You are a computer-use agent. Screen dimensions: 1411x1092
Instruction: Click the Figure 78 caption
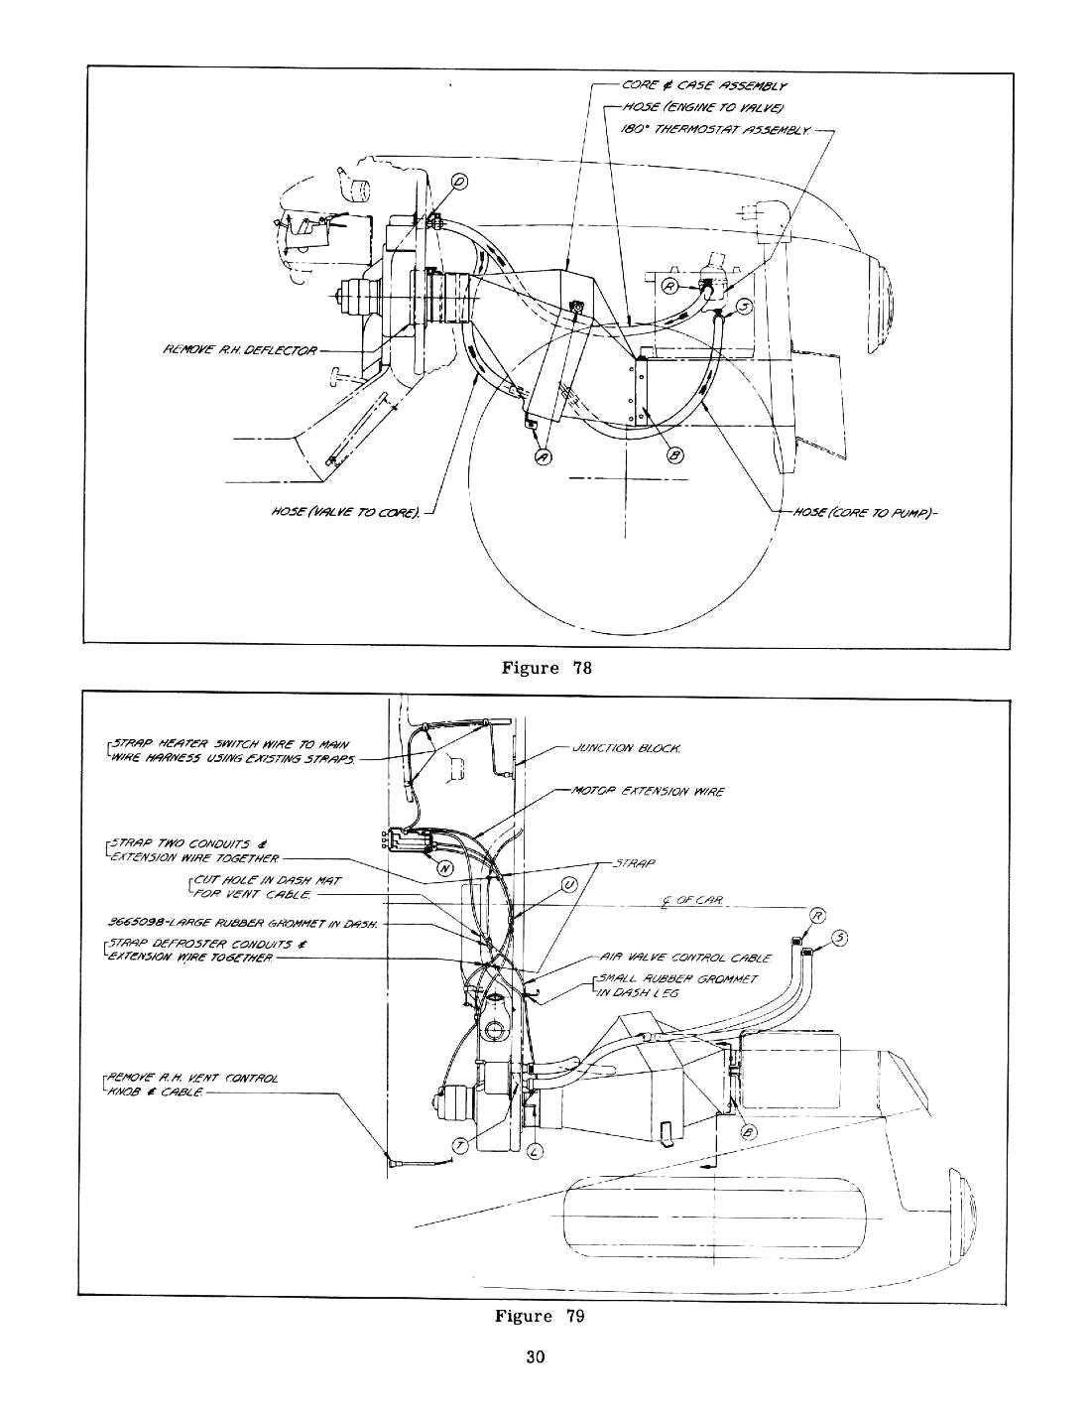coord(546,667)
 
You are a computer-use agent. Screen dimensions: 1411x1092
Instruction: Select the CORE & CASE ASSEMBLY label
coord(705,87)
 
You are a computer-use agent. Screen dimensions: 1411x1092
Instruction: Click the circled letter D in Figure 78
coord(460,181)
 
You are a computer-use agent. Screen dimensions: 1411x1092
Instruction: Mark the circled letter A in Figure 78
coord(543,455)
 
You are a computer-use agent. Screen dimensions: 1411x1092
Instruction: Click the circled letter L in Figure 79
coord(535,1150)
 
